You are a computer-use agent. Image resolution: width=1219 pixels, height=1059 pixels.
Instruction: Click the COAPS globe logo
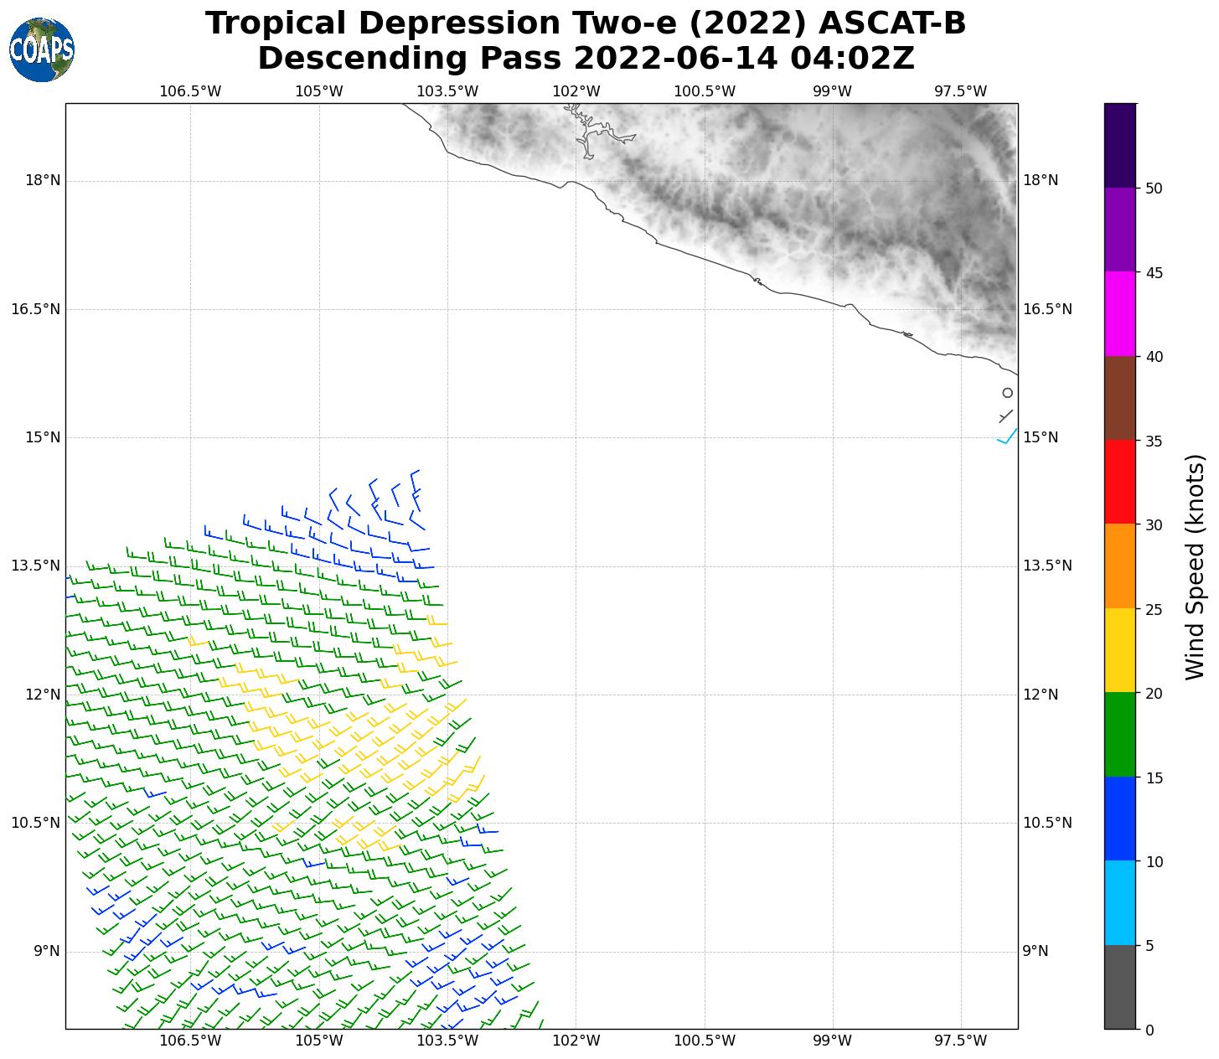point(42,50)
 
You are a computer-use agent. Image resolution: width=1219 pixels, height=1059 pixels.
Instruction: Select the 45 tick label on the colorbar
point(1154,272)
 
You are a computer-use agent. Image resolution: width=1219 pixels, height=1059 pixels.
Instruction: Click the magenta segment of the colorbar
point(1120,313)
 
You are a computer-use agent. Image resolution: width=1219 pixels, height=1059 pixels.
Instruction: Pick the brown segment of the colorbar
point(1120,398)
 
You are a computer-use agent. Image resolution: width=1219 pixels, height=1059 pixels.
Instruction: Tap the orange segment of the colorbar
point(1120,566)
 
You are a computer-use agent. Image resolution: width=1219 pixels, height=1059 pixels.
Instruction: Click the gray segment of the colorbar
point(1120,987)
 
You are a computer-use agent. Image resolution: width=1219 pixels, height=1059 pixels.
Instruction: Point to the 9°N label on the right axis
point(1036,951)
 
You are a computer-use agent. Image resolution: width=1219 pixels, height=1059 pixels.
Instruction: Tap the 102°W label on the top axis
point(576,90)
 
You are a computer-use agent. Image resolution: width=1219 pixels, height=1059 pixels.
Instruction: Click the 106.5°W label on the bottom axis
point(190,1041)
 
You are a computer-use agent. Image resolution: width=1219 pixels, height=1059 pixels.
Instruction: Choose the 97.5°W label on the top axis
point(960,90)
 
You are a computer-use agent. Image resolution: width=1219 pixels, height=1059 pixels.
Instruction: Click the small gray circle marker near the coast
point(1008,393)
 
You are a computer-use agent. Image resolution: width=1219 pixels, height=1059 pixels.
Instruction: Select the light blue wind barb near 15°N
point(1007,437)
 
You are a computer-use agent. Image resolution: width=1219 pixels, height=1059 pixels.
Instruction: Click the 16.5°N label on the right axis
point(1047,309)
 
